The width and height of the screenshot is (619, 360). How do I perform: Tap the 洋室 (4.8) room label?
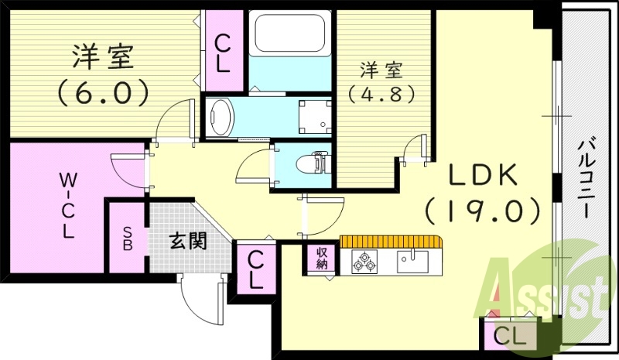point(381,82)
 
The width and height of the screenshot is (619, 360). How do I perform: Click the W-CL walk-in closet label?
point(67,205)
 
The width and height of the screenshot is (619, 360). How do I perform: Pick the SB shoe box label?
point(126,238)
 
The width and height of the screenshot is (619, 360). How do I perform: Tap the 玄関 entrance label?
point(187,241)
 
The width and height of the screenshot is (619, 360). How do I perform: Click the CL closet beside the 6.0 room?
point(222,52)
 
